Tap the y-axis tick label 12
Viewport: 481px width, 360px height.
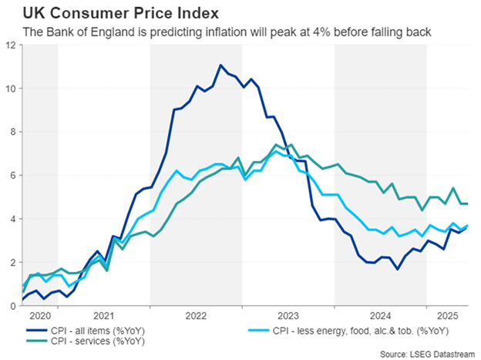coord(11,45)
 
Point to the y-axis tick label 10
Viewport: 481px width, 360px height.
coord(11,89)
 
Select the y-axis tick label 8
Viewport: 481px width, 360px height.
coord(13,132)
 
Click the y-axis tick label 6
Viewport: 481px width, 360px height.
coord(13,176)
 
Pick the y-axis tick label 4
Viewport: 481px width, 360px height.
coord(13,219)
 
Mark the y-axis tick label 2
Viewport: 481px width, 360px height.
coord(13,263)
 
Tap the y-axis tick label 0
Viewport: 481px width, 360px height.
coord(13,306)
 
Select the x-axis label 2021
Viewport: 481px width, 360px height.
coord(103,316)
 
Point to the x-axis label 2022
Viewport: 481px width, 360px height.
coord(196,316)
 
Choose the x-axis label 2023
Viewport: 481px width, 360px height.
coord(288,316)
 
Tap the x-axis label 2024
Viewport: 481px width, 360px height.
coord(380,316)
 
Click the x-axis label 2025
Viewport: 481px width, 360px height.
coord(446,316)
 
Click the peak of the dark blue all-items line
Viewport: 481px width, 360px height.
coord(221,65)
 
